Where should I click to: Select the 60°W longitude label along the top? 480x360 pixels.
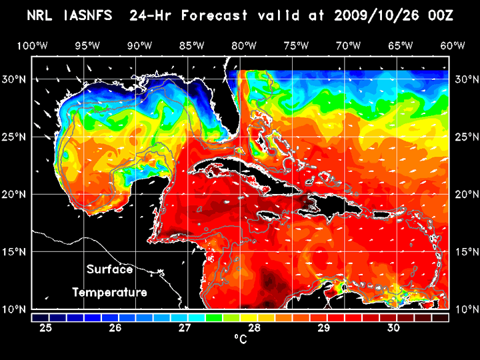[x=453, y=45]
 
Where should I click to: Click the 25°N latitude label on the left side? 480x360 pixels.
[x=15, y=137]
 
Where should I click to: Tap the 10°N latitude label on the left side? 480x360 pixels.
[x=15, y=309]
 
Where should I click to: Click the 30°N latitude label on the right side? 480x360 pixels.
[x=465, y=79]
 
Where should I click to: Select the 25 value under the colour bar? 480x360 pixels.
[x=46, y=328]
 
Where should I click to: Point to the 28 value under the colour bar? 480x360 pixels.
[x=254, y=328]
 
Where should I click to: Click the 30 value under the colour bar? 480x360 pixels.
[x=393, y=328]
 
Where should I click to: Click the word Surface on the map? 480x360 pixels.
[x=109, y=270]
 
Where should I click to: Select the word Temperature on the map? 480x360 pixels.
[x=109, y=292]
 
